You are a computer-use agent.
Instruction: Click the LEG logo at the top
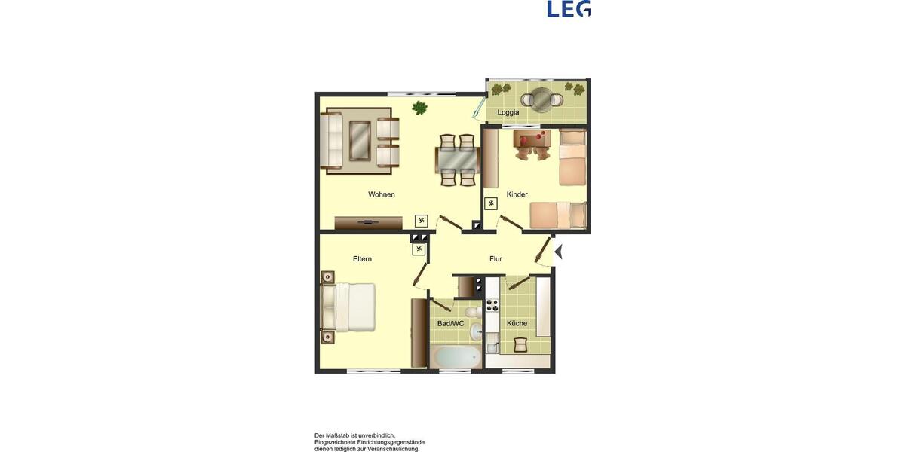click(569, 8)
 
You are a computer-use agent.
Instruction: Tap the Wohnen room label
click(382, 194)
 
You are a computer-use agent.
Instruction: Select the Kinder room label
click(517, 194)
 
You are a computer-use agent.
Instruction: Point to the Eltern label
click(362, 259)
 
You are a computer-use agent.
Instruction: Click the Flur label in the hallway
click(495, 259)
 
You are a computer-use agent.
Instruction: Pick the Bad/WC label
click(451, 324)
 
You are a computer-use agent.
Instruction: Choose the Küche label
click(517, 324)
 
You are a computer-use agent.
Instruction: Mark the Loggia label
click(508, 112)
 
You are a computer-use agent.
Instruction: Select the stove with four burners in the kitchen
click(492, 305)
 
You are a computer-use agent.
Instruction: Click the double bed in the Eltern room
click(349, 307)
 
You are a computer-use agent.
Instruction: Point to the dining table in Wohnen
click(457, 160)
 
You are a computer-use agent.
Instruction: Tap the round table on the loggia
click(541, 97)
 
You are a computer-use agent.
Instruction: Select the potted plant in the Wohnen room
click(420, 108)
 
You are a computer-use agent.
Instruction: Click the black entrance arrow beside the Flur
click(559, 251)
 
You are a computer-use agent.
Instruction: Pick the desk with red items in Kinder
click(532, 138)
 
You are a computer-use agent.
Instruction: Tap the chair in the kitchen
click(520, 344)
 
